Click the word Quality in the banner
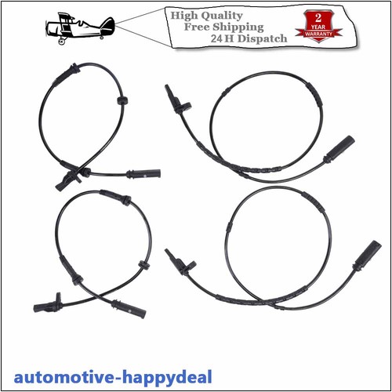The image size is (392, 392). [x=222, y=16]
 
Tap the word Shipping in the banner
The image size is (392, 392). [x=238, y=27]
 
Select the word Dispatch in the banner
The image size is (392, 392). [x=262, y=38]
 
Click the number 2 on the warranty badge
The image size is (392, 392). [x=318, y=18]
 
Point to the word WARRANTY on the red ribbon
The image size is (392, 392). [x=318, y=34]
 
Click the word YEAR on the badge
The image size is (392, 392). [x=318, y=27]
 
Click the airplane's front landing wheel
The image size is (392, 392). [x=62, y=42]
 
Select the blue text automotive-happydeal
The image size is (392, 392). [x=113, y=378]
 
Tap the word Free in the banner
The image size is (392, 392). [x=197, y=27]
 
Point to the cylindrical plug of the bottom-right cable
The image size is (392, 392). [x=367, y=256]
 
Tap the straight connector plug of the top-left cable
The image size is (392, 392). [x=143, y=173]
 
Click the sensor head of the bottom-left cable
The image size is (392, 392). [x=47, y=305]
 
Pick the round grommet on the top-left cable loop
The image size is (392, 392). [x=122, y=100]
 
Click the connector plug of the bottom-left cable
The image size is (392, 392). [x=129, y=309]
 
